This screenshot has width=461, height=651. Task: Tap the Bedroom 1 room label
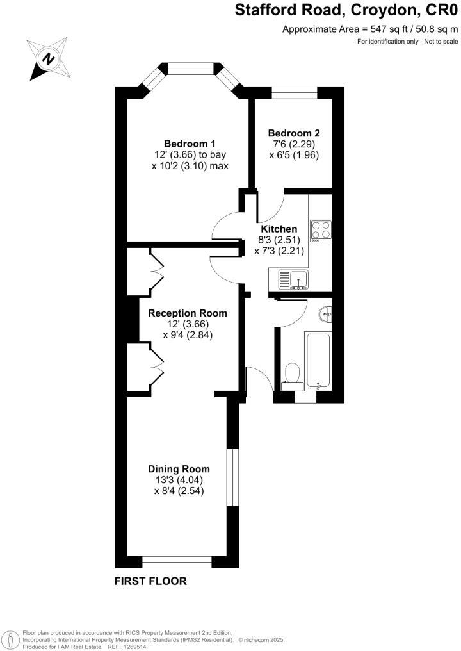tap(190, 143)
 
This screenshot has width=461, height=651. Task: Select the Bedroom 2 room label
tap(293, 133)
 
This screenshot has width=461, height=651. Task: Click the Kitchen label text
tap(279, 229)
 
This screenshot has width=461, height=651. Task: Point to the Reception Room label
tap(188, 313)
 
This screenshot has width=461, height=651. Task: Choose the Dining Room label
tap(179, 469)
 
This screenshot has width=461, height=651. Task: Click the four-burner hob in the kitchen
tap(320, 229)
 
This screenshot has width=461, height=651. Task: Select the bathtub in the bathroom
tap(318, 361)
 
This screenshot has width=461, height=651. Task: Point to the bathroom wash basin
tap(325, 313)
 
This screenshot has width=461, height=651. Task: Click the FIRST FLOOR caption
tap(150, 582)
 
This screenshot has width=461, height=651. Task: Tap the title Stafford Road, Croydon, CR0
tap(346, 10)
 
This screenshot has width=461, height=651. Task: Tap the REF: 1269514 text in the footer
tap(131, 647)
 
